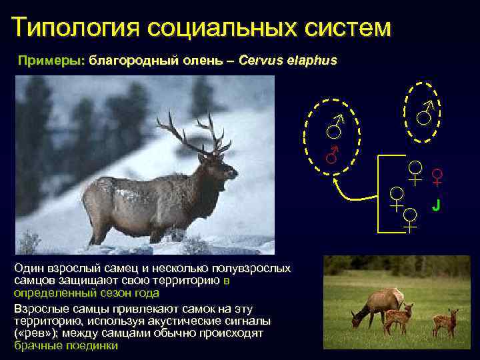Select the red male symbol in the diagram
[333, 155]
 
